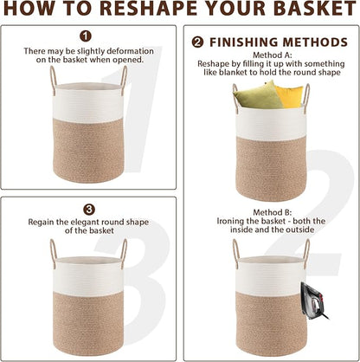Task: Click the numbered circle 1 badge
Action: [x=86, y=36]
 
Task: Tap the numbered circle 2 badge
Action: [x=197, y=42]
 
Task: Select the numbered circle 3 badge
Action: [x=89, y=210]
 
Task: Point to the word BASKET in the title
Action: [x=315, y=9]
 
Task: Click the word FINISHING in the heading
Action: [x=244, y=42]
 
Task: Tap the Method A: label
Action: [x=273, y=55]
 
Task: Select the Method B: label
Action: [x=273, y=212]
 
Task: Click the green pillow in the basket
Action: [x=258, y=96]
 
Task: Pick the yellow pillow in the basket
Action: [x=289, y=96]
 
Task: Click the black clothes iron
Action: [x=312, y=301]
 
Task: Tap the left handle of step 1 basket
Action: [x=54, y=78]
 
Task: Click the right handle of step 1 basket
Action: [x=124, y=78]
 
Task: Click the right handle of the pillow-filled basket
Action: [x=306, y=96]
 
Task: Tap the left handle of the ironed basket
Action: [x=236, y=253]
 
